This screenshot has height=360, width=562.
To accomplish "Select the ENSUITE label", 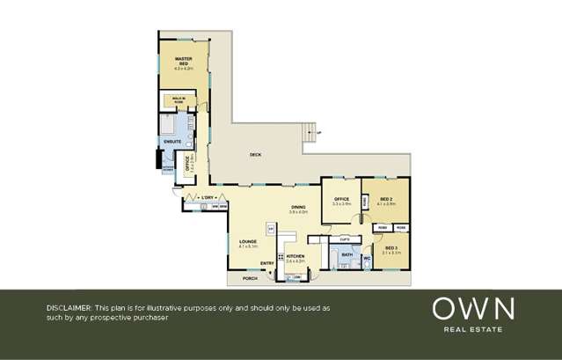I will click(x=172, y=140).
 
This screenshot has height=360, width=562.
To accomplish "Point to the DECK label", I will click(x=255, y=155).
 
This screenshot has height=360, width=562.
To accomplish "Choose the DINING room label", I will click(x=299, y=208).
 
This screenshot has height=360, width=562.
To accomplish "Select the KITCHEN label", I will click(x=295, y=256).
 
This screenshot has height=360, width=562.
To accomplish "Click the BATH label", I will click(x=347, y=255).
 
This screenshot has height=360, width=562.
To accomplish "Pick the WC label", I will click(x=367, y=259).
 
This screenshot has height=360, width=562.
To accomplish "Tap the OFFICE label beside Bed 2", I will click(x=341, y=200).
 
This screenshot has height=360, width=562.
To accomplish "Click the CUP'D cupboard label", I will click(x=346, y=239).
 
